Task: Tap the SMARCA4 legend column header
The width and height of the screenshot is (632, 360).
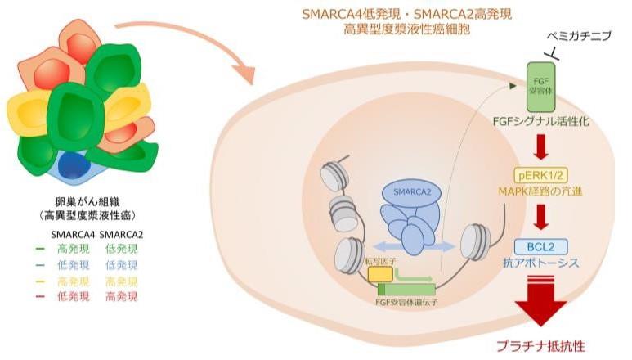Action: point(72,235)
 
